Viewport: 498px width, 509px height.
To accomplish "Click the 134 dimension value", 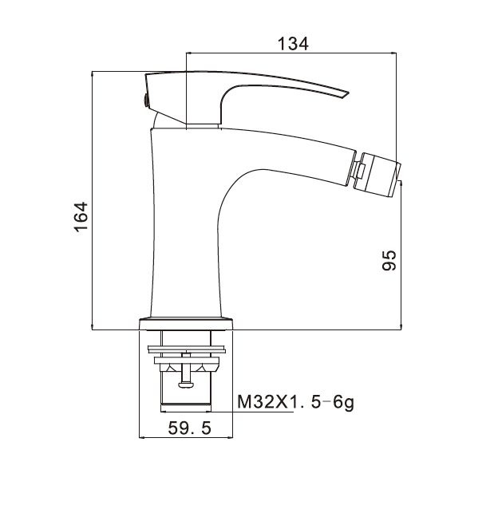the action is click(x=293, y=44).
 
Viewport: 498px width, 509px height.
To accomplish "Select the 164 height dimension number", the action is click(x=81, y=216).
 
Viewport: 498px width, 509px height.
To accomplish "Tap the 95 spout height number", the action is click(x=389, y=260).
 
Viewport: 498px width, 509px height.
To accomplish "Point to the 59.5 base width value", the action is click(x=190, y=428).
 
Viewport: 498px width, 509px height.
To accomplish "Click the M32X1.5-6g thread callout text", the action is click(x=296, y=403).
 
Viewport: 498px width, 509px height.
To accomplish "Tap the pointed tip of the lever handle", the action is click(x=348, y=93).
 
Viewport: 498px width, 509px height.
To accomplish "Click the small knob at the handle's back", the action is click(x=146, y=100).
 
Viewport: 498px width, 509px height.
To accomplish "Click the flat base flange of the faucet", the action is click(x=186, y=324).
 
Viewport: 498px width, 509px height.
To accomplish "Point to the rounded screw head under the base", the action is click(x=186, y=385).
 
